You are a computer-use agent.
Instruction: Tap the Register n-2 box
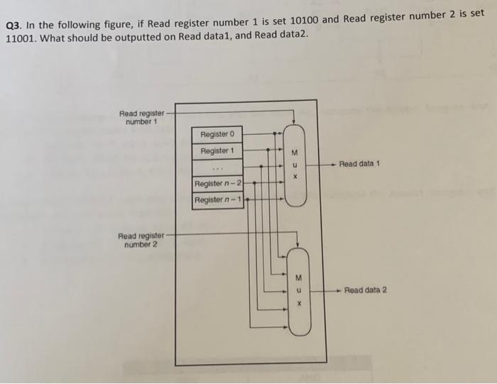pyautogui.click(x=218, y=184)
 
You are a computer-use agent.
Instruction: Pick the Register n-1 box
pyautogui.click(x=218, y=200)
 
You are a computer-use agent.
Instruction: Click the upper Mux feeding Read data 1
pyautogui.click(x=295, y=165)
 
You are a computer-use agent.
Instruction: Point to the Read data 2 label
pyautogui.click(x=365, y=290)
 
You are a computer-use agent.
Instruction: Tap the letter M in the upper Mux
pyautogui.click(x=295, y=154)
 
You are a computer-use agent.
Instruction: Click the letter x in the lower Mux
pyautogui.click(x=300, y=302)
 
